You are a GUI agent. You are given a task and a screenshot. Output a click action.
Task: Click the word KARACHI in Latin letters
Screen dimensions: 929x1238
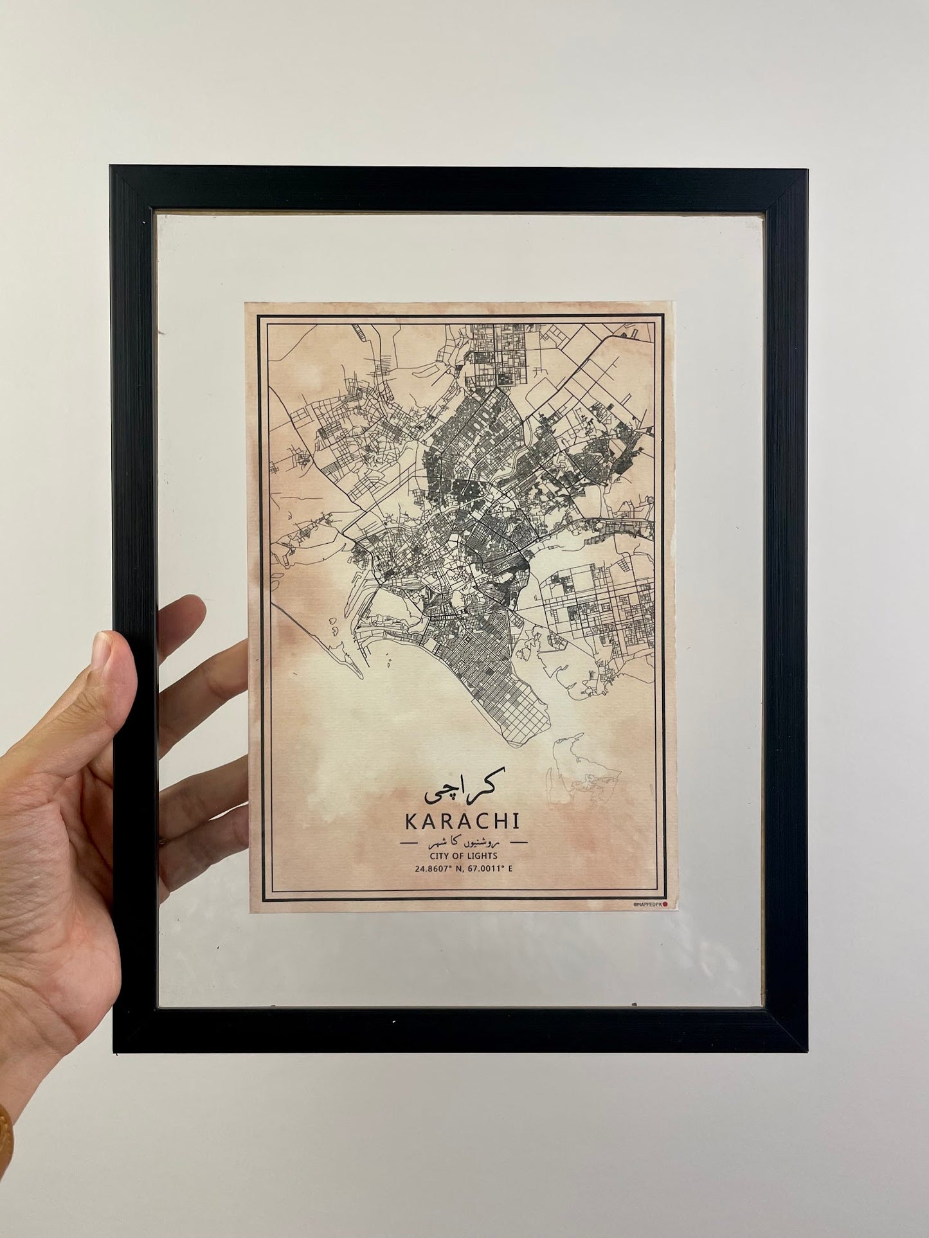462,823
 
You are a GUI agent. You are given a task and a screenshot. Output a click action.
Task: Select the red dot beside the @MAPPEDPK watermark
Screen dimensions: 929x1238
665,904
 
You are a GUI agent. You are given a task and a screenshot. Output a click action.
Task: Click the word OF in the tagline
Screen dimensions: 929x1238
458,856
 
